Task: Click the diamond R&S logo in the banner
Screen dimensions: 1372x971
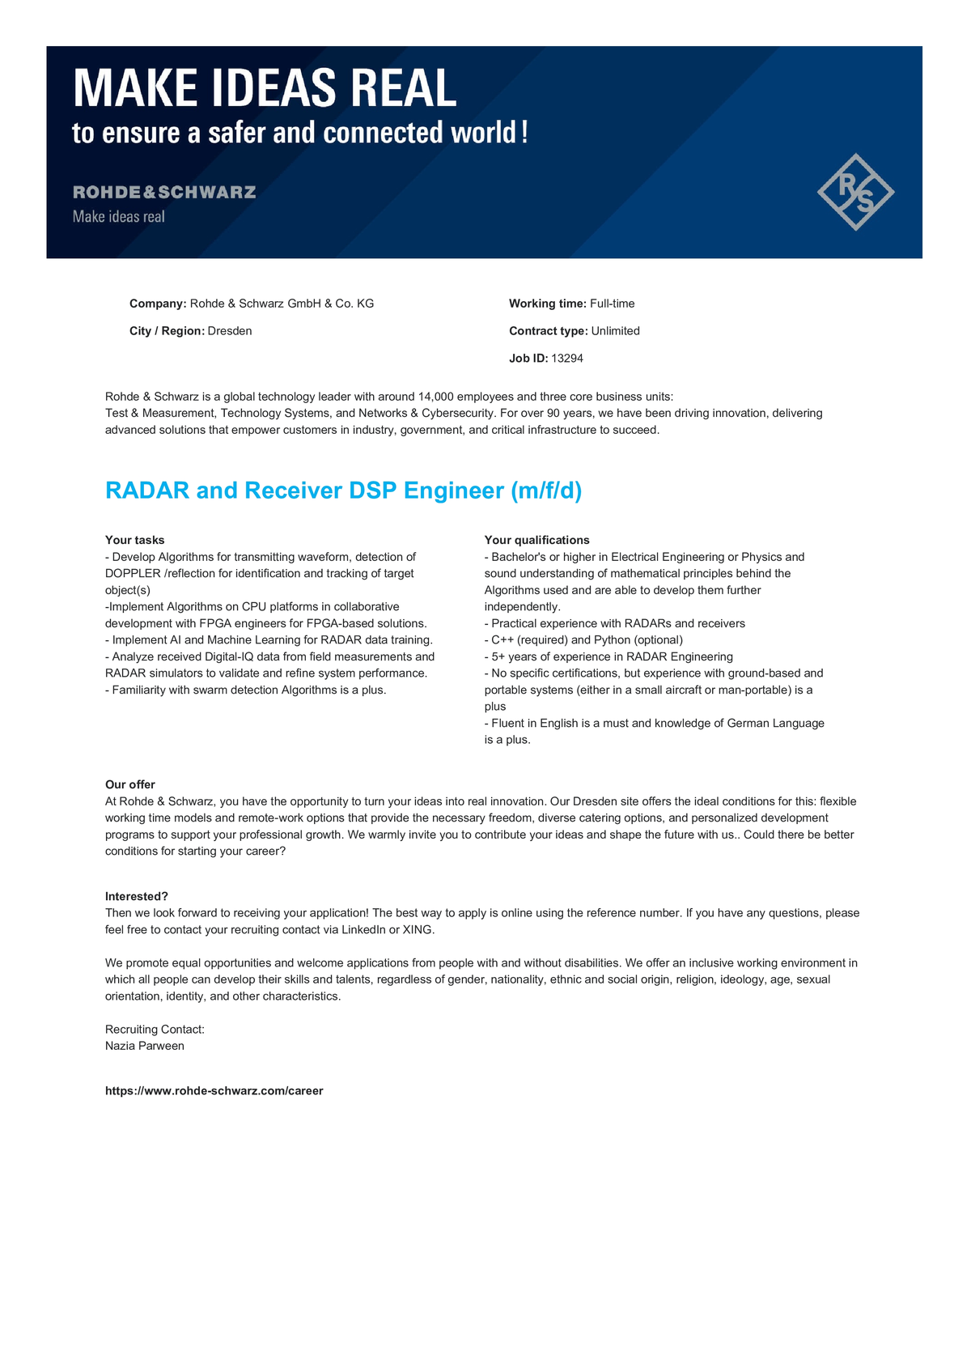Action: point(855,192)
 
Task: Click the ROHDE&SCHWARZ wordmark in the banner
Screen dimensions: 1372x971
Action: point(164,193)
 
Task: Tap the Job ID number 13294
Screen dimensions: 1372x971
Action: point(567,359)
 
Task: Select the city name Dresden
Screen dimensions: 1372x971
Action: point(230,331)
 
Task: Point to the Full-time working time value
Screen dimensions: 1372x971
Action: point(613,304)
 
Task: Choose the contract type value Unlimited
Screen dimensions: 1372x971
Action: point(616,331)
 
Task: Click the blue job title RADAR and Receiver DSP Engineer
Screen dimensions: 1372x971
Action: point(343,491)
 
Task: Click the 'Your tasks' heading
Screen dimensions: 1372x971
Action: point(135,540)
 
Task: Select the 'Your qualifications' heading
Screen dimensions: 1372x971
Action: point(537,540)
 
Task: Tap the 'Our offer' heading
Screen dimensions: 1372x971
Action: point(130,784)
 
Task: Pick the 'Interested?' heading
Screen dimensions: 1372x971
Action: point(137,896)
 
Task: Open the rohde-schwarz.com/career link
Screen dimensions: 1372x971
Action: point(214,1091)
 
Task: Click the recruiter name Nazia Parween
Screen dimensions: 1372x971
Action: point(145,1046)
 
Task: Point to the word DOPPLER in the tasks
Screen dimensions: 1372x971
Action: point(133,574)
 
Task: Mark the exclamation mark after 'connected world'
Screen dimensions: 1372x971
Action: point(524,132)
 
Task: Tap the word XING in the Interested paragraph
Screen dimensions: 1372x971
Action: point(418,930)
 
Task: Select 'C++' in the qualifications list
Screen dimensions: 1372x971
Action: point(502,640)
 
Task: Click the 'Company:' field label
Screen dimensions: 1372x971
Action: point(158,304)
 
